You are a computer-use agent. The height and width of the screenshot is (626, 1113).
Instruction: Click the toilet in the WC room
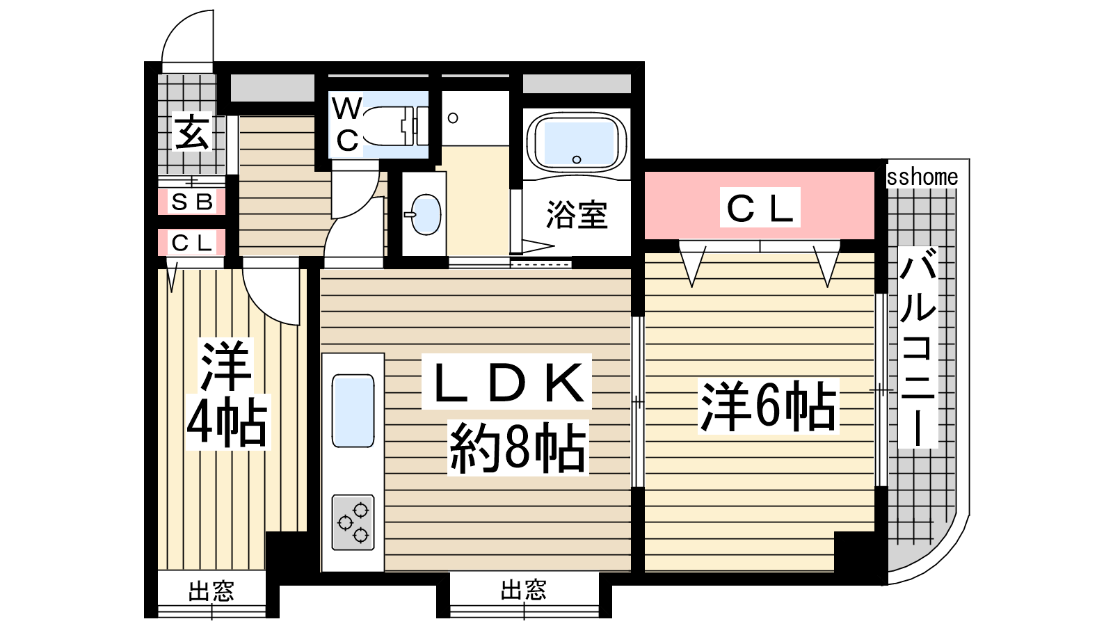click(x=395, y=126)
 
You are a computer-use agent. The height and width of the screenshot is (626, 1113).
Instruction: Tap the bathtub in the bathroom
click(x=577, y=141)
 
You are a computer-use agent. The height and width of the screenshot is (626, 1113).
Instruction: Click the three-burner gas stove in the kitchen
click(x=353, y=522)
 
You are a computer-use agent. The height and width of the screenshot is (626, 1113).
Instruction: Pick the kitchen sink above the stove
click(x=353, y=411)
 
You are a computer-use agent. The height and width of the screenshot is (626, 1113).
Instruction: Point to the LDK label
click(x=507, y=382)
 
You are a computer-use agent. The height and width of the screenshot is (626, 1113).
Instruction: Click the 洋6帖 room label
click(x=768, y=406)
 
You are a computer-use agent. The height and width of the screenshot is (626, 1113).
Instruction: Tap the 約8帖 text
click(x=518, y=448)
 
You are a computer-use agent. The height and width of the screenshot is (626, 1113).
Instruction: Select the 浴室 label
click(x=577, y=215)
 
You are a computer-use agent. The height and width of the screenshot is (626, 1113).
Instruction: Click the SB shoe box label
click(x=192, y=202)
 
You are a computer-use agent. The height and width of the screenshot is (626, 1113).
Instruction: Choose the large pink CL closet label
click(x=760, y=208)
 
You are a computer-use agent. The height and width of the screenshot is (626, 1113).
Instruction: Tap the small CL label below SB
click(x=192, y=243)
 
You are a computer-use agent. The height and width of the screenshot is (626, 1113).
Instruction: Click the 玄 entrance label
click(x=192, y=131)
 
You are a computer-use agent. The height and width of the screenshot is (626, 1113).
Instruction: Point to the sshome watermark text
click(x=922, y=177)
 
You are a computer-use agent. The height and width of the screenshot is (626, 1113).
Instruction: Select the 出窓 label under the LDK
click(x=524, y=590)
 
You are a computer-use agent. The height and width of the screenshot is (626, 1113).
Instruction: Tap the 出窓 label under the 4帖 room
click(x=211, y=591)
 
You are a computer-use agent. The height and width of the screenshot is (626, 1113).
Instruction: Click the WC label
click(x=347, y=124)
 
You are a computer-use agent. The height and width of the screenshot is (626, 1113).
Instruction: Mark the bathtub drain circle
click(x=577, y=159)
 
